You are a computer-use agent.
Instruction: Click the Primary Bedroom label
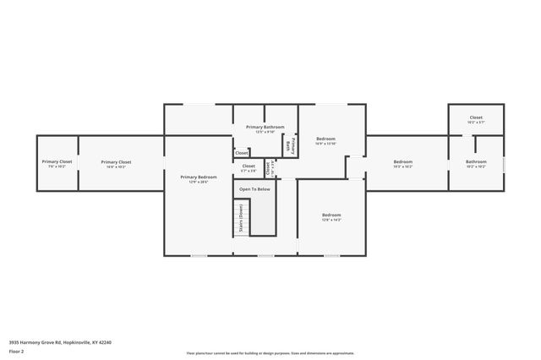pos(199,177)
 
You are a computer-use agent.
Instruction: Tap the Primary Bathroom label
pos(265,127)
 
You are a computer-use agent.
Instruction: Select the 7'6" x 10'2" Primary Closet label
pos(57,161)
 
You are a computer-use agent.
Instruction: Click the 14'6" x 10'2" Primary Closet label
pos(116,161)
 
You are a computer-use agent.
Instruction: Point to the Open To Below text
pos(254,189)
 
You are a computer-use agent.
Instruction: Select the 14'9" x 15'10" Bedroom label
pos(326,139)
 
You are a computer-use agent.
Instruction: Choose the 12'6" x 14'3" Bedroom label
pos(331,215)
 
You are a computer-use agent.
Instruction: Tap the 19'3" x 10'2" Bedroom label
pos(402,161)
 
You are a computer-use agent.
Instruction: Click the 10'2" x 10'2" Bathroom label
pos(476,161)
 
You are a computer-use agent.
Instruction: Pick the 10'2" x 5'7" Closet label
pos(476,117)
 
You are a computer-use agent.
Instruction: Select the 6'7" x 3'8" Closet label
pos(249,166)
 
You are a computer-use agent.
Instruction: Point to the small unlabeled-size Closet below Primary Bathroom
pos(242,153)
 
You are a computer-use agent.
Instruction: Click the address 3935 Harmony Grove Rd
pos(60,342)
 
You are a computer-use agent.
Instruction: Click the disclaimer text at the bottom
pos(270,353)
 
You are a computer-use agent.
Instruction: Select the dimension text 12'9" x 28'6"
pos(199,182)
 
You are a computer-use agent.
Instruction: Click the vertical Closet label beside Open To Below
pos(268,167)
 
